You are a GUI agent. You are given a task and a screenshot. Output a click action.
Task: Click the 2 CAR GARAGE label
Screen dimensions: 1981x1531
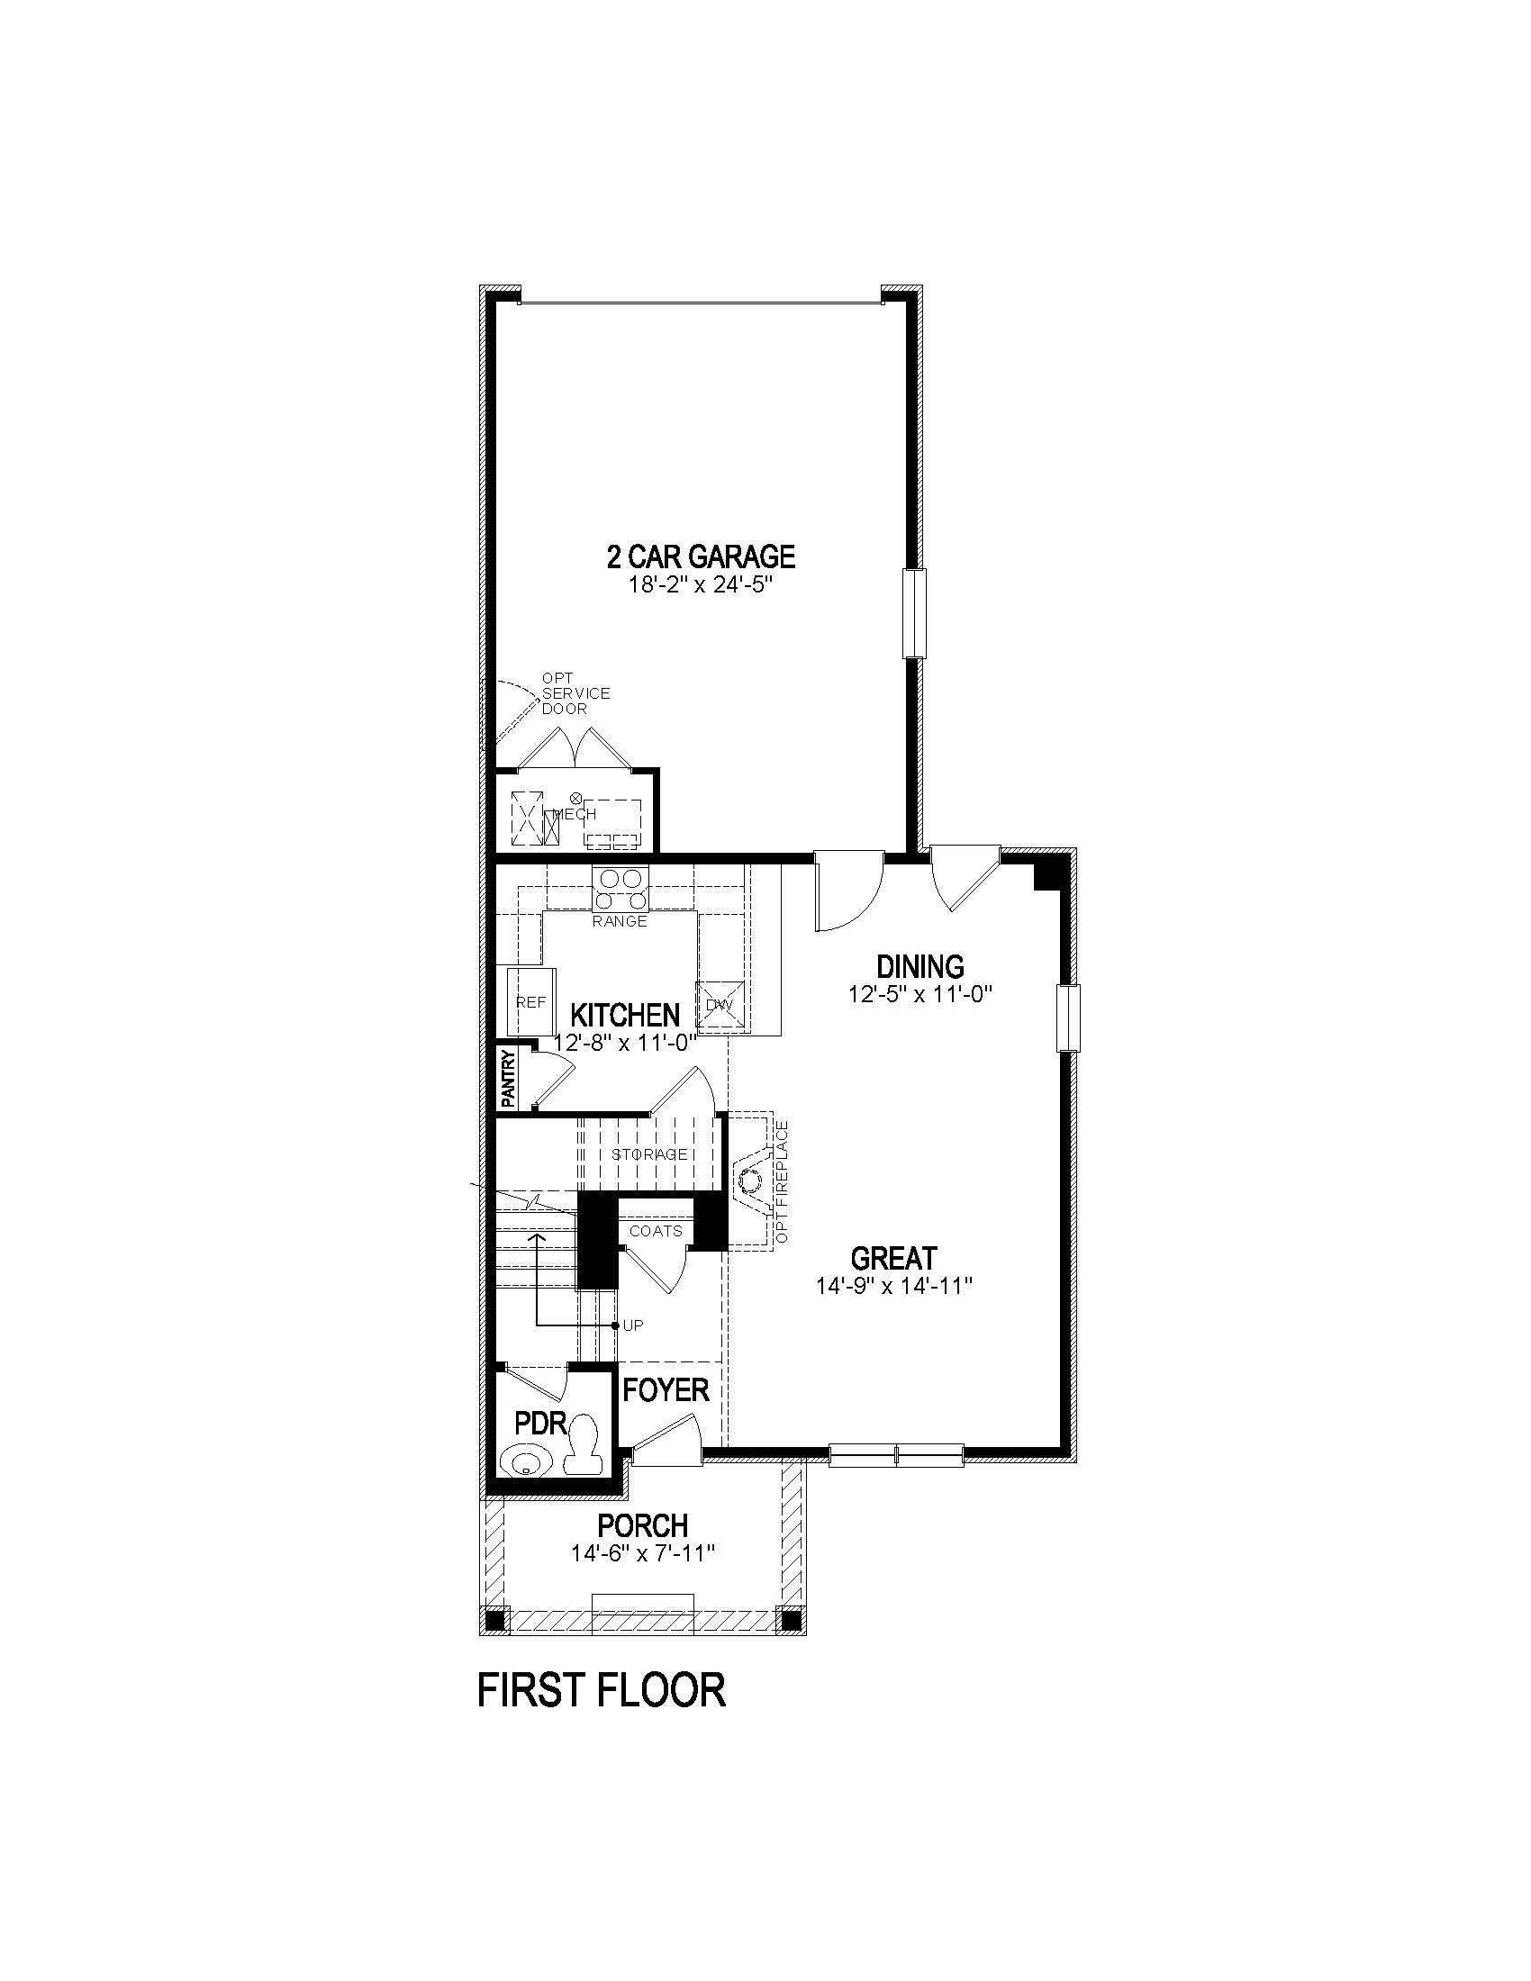700,556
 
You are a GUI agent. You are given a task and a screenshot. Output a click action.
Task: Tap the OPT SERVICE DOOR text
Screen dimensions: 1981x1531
575,693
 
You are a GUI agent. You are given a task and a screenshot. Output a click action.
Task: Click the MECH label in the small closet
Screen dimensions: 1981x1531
575,815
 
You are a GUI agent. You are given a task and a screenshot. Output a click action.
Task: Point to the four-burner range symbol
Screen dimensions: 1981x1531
621,890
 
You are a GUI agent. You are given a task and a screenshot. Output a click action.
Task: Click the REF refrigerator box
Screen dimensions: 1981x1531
530,1001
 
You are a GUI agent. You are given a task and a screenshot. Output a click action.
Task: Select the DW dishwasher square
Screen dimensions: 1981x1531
720,1005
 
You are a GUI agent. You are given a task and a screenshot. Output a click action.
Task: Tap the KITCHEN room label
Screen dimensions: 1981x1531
625,1014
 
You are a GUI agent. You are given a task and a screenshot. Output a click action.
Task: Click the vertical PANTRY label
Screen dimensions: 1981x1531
509,1079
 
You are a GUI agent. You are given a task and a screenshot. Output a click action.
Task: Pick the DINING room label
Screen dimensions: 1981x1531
920,966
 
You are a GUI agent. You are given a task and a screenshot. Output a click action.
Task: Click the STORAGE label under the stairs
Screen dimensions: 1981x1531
649,1154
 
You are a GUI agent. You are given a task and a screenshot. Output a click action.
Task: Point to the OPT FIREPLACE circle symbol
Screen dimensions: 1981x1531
750,1182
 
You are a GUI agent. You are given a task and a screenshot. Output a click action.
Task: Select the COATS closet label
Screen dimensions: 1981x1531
656,1231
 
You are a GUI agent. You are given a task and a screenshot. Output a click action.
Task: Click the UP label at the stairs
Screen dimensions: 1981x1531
633,1325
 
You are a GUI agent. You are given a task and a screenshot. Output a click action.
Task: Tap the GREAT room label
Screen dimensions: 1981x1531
893,1258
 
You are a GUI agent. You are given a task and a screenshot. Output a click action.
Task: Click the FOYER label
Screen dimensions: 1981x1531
666,1390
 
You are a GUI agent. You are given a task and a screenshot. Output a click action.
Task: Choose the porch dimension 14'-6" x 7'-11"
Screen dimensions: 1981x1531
643,1554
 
